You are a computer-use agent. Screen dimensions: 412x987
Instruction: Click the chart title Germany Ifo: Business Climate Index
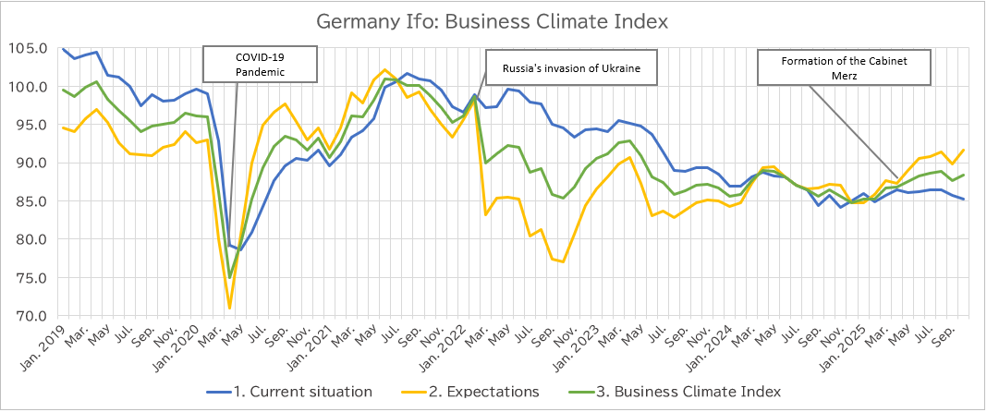(492, 20)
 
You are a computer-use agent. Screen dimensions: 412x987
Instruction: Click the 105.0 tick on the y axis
(30, 49)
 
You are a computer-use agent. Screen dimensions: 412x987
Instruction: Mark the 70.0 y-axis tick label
(30, 316)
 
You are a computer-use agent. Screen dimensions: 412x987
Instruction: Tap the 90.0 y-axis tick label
(30, 164)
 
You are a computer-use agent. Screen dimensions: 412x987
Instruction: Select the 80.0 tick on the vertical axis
(30, 240)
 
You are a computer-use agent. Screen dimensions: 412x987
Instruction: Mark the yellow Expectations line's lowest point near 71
(229, 309)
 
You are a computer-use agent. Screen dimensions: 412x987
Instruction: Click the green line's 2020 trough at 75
(229, 277)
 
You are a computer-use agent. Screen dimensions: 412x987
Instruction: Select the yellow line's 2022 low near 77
(562, 261)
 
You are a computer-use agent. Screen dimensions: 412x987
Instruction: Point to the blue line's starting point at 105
(63, 49)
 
